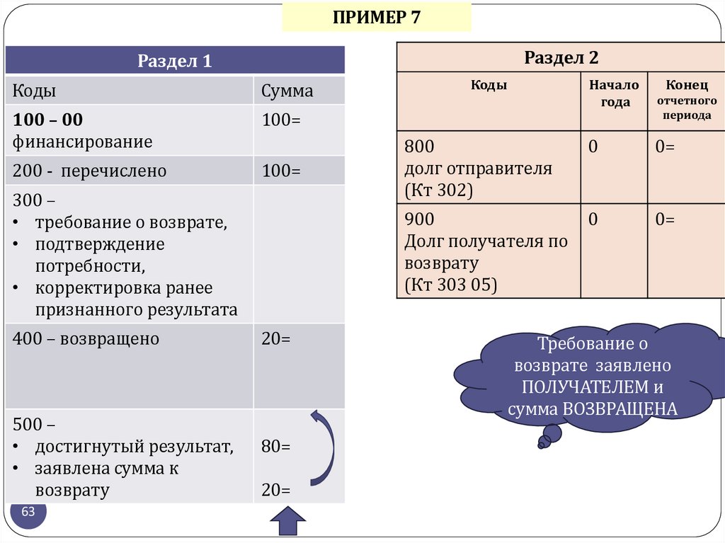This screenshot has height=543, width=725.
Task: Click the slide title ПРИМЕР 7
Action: coord(376,17)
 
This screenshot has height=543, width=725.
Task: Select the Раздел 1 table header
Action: coord(175,61)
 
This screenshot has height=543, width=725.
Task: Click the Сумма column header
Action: coord(287,91)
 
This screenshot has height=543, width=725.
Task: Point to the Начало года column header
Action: coord(614,93)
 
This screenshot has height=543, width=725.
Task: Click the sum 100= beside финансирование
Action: coord(281,120)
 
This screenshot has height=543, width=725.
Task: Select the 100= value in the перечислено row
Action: coord(281,171)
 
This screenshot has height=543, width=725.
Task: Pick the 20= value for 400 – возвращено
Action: coord(276,339)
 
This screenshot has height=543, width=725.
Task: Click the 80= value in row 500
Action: coord(276,447)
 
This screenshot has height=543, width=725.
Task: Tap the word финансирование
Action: coord(82,142)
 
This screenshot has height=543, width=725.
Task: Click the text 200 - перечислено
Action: coord(89,171)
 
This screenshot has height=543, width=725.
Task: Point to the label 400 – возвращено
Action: coord(86,339)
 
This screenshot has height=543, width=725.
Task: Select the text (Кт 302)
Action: coord(438,190)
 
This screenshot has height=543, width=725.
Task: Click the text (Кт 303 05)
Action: coord(451,285)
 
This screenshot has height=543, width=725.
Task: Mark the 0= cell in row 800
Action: coord(665,147)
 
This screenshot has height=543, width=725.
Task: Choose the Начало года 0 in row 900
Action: coord(593,219)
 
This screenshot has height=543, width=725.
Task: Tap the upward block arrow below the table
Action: coord(287,525)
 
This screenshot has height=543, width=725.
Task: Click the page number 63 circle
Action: coord(28,513)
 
